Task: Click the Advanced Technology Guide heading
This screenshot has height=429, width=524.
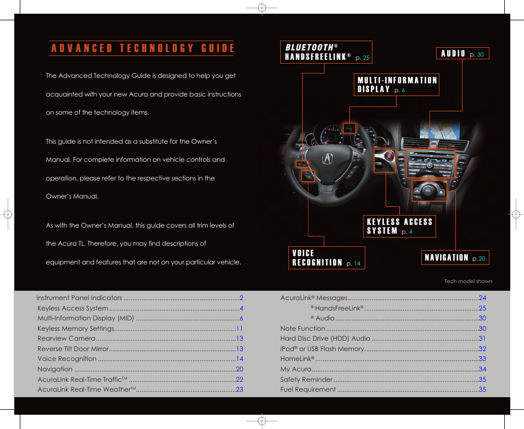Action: pos(143,48)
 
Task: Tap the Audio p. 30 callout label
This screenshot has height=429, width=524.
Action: pos(462,54)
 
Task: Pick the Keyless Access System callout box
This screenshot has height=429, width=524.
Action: pos(399,226)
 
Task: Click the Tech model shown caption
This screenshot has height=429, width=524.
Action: pos(468,281)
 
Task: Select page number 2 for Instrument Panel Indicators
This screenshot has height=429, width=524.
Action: pos(241,298)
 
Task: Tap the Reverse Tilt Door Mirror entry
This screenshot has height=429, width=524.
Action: pos(73,349)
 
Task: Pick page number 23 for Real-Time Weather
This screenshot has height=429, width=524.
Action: pos(239,390)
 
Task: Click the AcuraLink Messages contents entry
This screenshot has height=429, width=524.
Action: pos(314,298)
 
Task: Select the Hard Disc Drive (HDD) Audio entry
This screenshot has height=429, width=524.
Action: pos(325,338)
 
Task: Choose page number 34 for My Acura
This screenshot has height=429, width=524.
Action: pos(482,369)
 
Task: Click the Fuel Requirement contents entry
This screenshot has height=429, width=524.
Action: pos(308,390)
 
